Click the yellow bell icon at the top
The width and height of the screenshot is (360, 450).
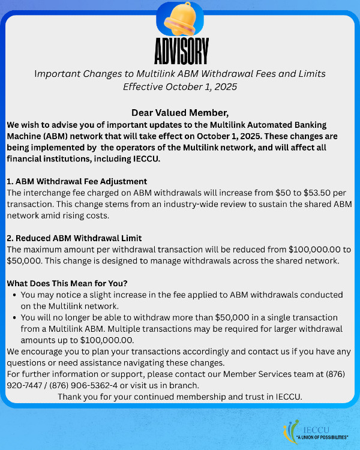[x=181, y=19]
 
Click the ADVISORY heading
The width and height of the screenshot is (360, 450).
[x=181, y=52]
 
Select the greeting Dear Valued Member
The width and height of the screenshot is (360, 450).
[x=180, y=113]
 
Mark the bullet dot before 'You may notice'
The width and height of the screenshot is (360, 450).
[x=14, y=295]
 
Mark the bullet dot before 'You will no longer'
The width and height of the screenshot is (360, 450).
[x=14, y=317]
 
